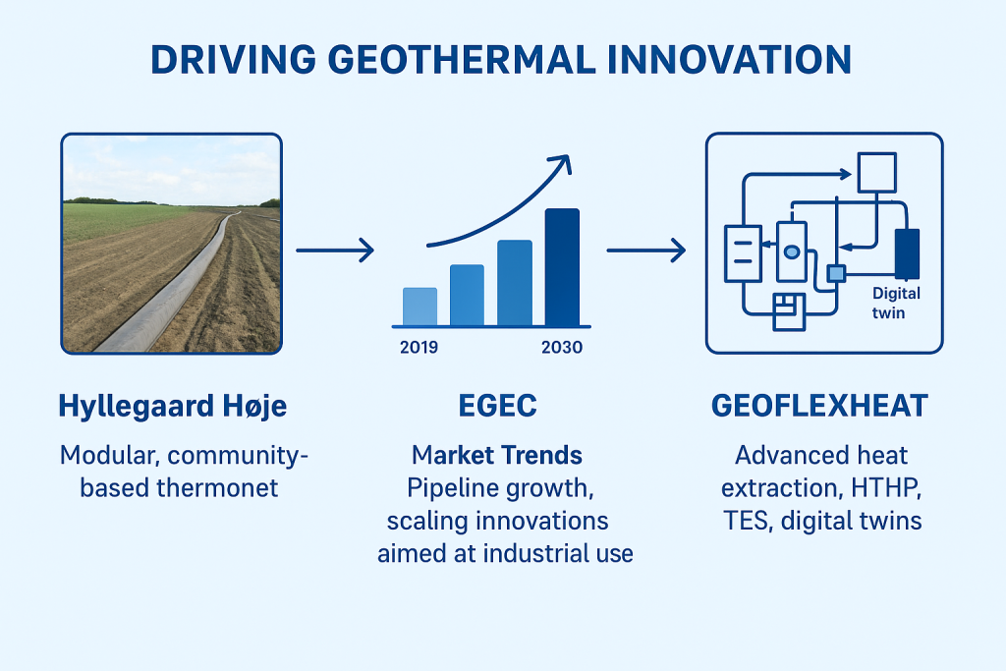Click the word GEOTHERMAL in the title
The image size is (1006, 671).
pyautogui.click(x=463, y=60)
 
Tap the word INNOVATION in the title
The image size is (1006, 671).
pyautogui.click(x=729, y=60)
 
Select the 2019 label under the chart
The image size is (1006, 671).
pyautogui.click(x=419, y=347)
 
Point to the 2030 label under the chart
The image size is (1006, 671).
pyautogui.click(x=562, y=347)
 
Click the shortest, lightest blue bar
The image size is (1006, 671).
pyautogui.click(x=420, y=307)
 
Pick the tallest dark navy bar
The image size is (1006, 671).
pyautogui.click(x=562, y=267)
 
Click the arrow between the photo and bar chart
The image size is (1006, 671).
pyautogui.click(x=335, y=251)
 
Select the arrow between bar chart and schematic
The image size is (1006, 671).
pyautogui.click(x=646, y=251)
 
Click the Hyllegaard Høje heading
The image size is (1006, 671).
pyautogui.click(x=173, y=406)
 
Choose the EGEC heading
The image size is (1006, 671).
pyautogui.click(x=498, y=406)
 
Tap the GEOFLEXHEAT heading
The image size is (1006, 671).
pyautogui.click(x=820, y=406)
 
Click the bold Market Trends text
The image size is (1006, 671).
pyautogui.click(x=497, y=455)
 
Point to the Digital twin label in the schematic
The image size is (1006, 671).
pyautogui.click(x=896, y=303)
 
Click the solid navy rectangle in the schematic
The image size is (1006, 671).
pyautogui.click(x=907, y=254)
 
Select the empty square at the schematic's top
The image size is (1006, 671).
pyautogui.click(x=877, y=172)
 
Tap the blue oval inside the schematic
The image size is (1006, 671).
pyautogui.click(x=792, y=252)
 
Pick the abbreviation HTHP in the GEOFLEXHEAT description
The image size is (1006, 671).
pyautogui.click(x=887, y=488)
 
